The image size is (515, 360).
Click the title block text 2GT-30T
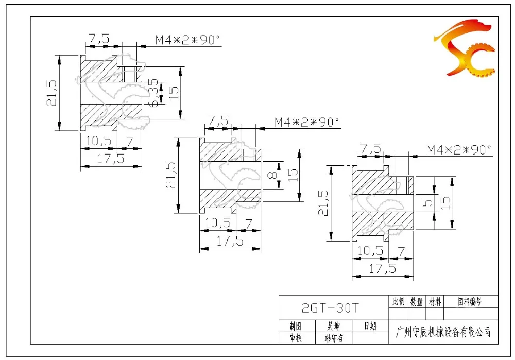point(330,308)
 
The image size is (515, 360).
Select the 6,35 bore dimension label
point(153,92)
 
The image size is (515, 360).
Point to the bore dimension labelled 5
point(427,203)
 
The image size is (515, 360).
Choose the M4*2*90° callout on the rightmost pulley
point(459,150)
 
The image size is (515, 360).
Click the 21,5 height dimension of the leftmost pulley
point(51,93)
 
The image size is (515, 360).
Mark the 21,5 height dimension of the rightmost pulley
point(323,203)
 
